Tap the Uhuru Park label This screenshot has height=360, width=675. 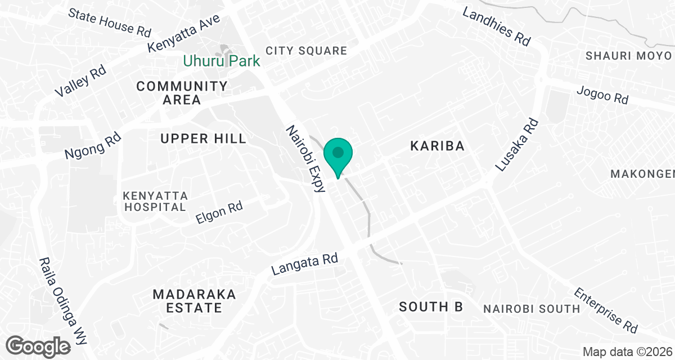tap(222, 60)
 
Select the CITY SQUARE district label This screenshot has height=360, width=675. tap(307, 51)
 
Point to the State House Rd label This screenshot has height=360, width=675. tap(109, 22)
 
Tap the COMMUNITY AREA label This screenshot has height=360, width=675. tap(182, 93)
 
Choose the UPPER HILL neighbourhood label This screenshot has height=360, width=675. tap(203, 138)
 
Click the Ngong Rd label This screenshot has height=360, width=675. tap(92, 146)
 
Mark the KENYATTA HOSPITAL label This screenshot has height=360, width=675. tap(155, 201)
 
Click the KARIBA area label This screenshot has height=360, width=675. tap(437, 146)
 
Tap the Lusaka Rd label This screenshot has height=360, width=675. tap(517, 145)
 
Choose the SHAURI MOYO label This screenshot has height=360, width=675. tap(628, 56)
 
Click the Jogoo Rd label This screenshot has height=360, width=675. tap(602, 93)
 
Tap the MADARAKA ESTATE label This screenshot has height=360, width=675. tap(194, 301)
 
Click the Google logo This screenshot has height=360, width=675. tap(39, 345)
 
